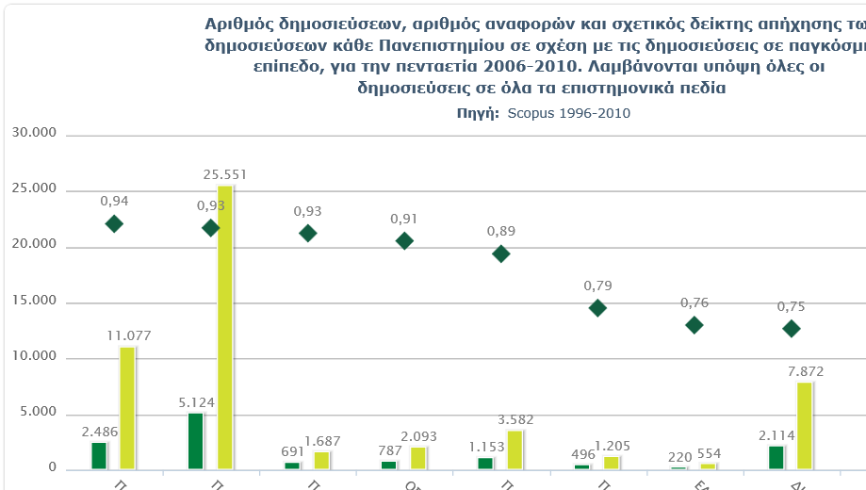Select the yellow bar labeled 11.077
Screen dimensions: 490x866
click(x=127, y=407)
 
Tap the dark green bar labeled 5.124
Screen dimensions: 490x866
click(x=196, y=440)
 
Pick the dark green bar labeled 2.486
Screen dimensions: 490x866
click(x=99, y=455)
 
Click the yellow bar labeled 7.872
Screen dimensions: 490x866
click(x=805, y=425)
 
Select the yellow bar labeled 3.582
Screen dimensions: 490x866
click(x=515, y=449)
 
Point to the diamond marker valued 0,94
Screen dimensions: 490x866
click(x=114, y=223)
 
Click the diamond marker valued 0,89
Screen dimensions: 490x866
click(x=501, y=253)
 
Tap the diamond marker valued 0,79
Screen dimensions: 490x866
click(x=597, y=308)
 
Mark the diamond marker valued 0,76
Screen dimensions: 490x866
click(x=694, y=325)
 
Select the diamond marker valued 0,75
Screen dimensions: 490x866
click(x=792, y=328)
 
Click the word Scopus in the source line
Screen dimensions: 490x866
click(x=530, y=113)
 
